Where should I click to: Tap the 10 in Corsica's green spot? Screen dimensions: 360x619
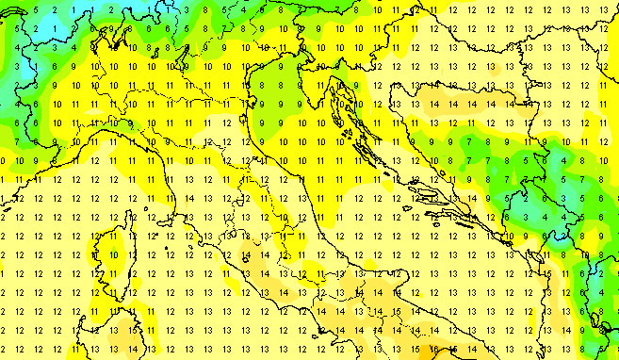pos(114,254)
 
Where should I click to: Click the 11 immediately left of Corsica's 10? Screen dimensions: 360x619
pos(94,254)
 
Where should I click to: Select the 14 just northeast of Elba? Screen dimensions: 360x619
pos(190,198)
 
